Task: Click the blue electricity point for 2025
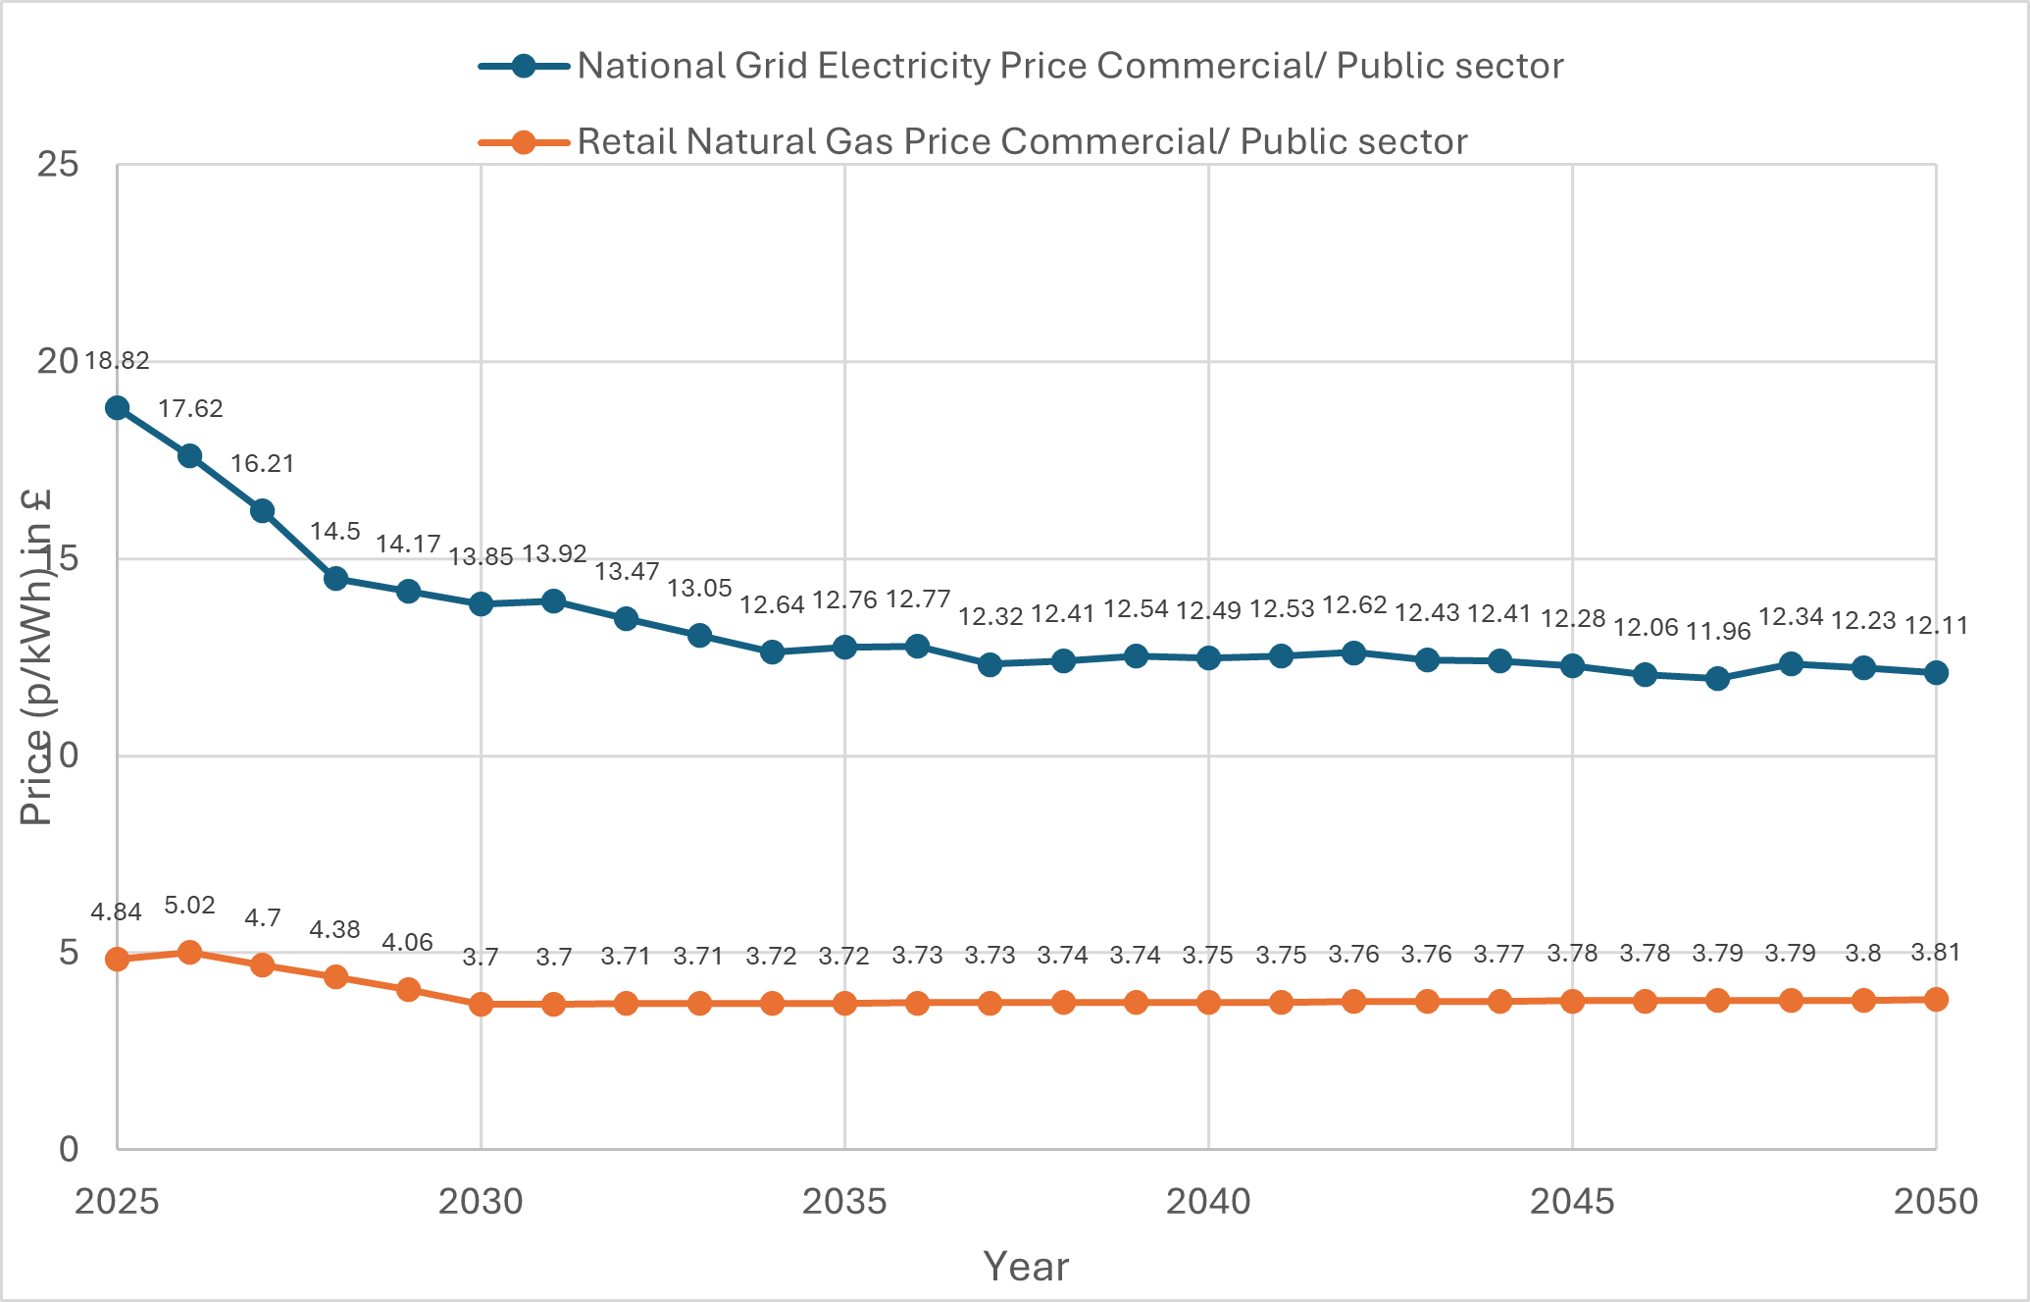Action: (x=117, y=408)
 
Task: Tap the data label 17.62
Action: (x=190, y=408)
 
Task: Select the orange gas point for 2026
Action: (x=190, y=952)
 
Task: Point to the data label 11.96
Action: (x=1718, y=631)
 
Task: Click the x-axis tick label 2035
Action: (x=844, y=1201)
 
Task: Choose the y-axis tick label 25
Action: (x=58, y=164)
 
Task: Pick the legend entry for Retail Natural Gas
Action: (x=1021, y=141)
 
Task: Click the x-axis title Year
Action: (x=1026, y=1267)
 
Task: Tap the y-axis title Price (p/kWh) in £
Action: (x=36, y=657)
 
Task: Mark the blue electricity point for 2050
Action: (x=1936, y=672)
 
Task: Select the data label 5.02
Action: (x=189, y=905)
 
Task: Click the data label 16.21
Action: (x=262, y=463)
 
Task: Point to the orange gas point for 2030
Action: (x=481, y=1004)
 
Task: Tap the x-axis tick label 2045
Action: (x=1572, y=1201)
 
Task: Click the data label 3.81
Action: (x=1936, y=952)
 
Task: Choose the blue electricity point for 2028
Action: (x=335, y=578)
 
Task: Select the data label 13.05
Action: (x=699, y=588)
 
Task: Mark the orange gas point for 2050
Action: (x=1936, y=999)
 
